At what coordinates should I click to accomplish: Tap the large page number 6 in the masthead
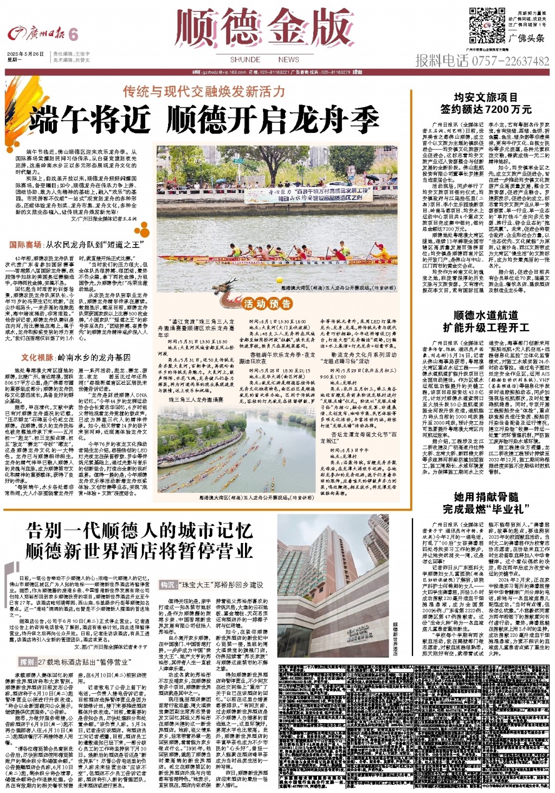pyautogui.click(x=73, y=35)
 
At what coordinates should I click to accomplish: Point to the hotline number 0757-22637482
pyautogui.click(x=510, y=61)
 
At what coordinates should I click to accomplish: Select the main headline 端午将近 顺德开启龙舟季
pyautogui.click(x=204, y=119)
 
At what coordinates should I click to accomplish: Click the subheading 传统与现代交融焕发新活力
pyautogui.click(x=203, y=91)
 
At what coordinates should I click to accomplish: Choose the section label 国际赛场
pyautogui.click(x=25, y=245)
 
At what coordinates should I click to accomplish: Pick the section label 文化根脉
pyautogui.click(x=37, y=357)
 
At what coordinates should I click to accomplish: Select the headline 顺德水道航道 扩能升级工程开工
pyautogui.click(x=486, y=321)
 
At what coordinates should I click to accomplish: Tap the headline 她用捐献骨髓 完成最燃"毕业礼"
pyautogui.click(x=486, y=502)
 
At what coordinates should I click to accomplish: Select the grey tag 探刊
pyautogui.click(x=28, y=662)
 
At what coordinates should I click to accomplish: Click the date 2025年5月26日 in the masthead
pyautogui.click(x=25, y=54)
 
